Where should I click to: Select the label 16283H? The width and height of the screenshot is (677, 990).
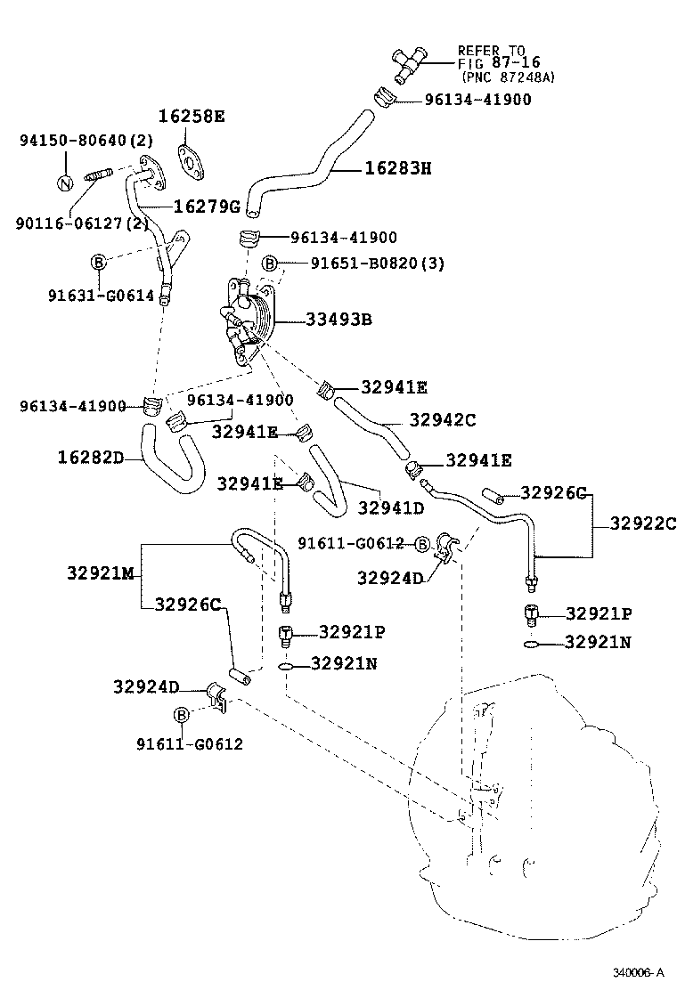click(x=397, y=167)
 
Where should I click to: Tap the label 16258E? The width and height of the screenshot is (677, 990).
click(x=192, y=117)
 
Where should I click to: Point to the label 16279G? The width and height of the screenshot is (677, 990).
click(x=207, y=207)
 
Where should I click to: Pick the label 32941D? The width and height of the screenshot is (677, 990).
click(x=391, y=507)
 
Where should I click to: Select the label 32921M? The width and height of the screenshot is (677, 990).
click(x=99, y=573)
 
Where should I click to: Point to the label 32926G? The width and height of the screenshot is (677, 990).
click(x=554, y=492)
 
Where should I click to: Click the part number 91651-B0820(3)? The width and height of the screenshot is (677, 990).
click(x=365, y=264)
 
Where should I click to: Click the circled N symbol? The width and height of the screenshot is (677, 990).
click(x=64, y=183)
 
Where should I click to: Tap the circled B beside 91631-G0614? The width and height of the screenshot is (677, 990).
click(x=98, y=261)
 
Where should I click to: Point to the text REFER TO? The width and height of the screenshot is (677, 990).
click(x=491, y=51)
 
